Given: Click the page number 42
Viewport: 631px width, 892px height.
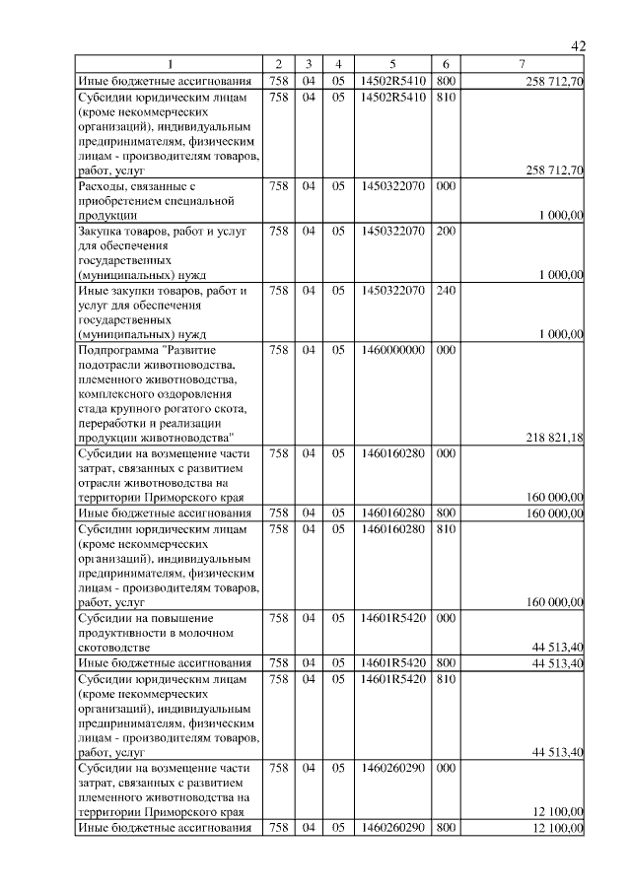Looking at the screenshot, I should [578, 46].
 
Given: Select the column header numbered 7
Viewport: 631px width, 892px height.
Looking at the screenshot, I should [522, 66].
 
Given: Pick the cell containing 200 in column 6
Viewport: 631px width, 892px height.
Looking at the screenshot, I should [446, 232].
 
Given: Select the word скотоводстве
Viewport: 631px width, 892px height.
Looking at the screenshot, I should [113, 647].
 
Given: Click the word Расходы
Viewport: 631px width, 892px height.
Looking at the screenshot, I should [105, 185].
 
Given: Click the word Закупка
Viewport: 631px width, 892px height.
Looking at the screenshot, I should [105, 232].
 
